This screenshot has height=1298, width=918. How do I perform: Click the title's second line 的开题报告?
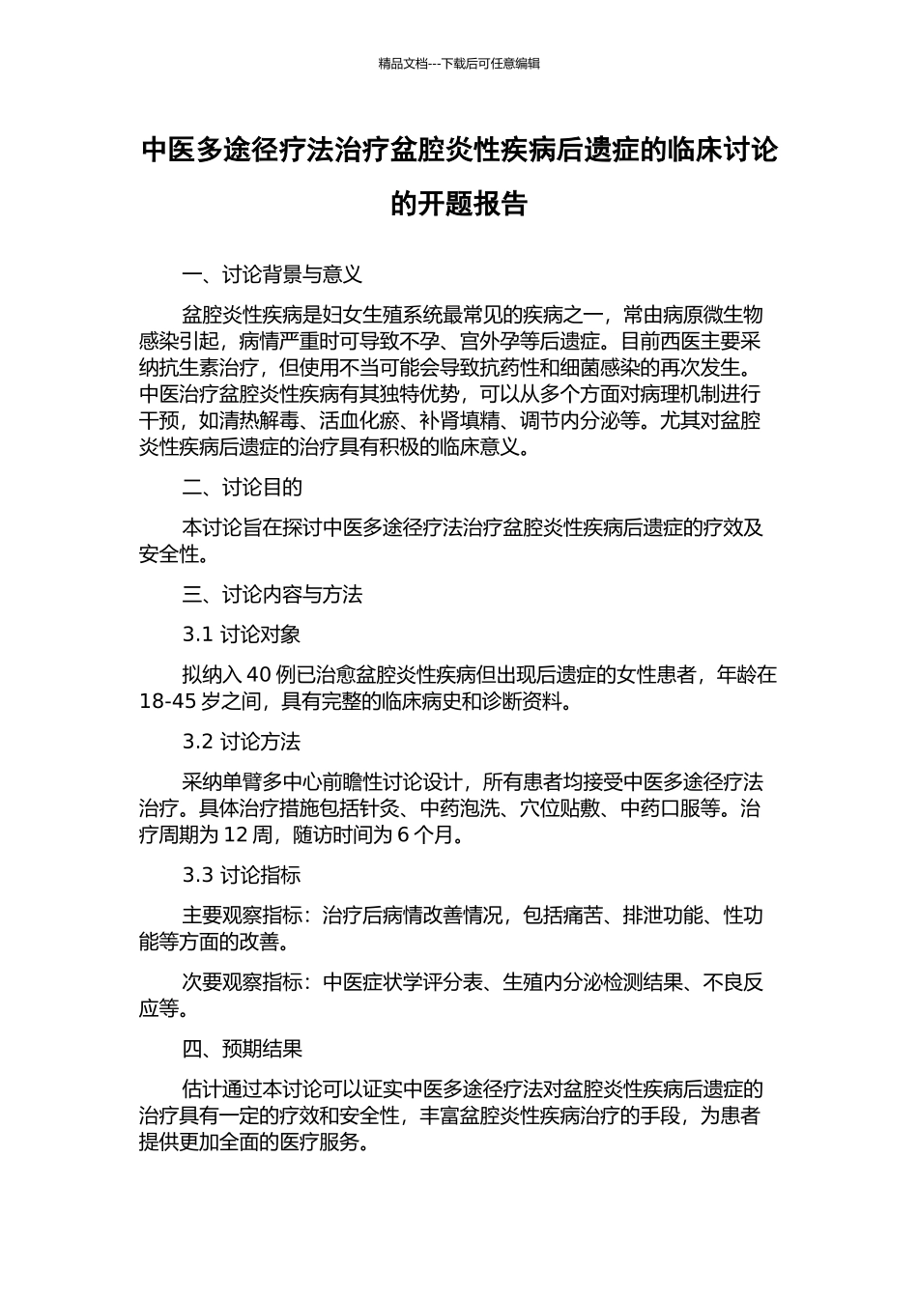point(459,204)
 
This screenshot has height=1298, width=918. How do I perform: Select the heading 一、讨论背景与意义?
point(272,275)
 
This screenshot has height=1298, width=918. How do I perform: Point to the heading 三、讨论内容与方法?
point(272,594)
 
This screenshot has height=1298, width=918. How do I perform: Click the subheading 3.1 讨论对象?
point(242,635)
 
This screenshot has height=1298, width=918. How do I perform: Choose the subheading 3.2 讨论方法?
point(242,742)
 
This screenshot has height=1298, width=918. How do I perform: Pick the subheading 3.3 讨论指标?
point(242,875)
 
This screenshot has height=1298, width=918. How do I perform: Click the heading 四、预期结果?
point(242,1049)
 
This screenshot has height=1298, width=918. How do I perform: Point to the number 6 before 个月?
point(403,834)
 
